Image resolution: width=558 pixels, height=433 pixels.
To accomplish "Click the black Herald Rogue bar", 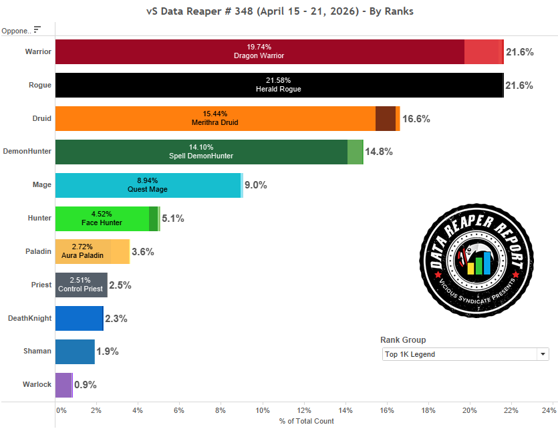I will point(279,85).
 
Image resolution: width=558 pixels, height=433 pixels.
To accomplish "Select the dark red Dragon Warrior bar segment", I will point(259,51).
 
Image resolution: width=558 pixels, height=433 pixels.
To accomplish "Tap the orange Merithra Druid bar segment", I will point(215,118).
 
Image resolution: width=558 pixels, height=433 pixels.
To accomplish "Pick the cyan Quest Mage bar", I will point(147,185).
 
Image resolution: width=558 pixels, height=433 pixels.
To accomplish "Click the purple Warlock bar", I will point(63,385).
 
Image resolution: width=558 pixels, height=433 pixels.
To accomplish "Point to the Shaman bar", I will point(75,351).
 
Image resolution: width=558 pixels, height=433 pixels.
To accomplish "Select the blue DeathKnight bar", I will point(79,318).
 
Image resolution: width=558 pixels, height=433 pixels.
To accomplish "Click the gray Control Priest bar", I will point(81,285).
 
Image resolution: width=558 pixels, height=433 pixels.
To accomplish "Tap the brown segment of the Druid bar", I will point(386,118).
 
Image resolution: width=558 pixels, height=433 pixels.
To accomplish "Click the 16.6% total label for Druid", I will point(416,119).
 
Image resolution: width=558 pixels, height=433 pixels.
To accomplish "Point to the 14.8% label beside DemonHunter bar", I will point(379,152).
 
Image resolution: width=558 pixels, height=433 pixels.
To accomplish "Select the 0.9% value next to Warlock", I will point(86,385).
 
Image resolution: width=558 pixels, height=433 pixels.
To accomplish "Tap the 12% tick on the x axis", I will point(304,410).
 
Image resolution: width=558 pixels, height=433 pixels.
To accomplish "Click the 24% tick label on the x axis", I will point(549,410).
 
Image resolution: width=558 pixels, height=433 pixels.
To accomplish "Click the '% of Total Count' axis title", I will point(307,421).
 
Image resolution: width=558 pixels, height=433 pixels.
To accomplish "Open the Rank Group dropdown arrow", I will point(543,354).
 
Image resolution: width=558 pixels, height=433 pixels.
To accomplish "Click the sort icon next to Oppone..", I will point(37,29).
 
